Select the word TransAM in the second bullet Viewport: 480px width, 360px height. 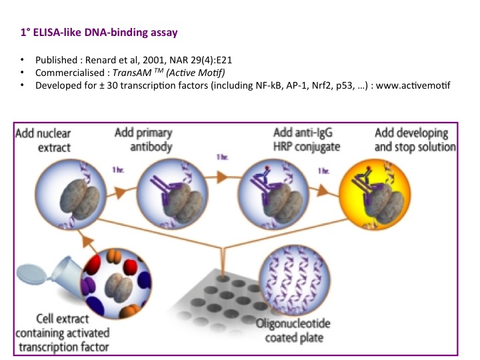pyautogui.click(x=132, y=73)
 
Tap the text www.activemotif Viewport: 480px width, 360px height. pyautogui.click(x=413, y=85)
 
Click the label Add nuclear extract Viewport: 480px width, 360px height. pyautogui.click(x=43, y=140)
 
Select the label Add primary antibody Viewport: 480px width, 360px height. pyautogui.click(x=143, y=139)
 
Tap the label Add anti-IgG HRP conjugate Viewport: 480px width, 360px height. pyautogui.click(x=307, y=139)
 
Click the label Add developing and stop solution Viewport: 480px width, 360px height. pyautogui.click(x=415, y=139)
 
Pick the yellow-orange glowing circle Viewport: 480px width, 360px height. pyautogui.click(x=375, y=194)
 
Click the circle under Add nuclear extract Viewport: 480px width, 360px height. pyautogui.click(x=71, y=194)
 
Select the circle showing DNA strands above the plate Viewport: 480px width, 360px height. pyautogui.click(x=295, y=281)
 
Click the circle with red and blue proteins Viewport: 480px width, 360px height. pyautogui.click(x=116, y=283)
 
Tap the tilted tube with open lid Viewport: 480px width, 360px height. pyautogui.click(x=51, y=273)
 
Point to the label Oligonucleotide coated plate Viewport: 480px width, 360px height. pyautogui.click(x=293, y=331)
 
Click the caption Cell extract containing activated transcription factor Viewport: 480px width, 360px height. pyautogui.click(x=63, y=333)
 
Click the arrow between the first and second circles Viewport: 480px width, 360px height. pyautogui.click(x=121, y=192)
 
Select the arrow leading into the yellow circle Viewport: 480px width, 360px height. pyautogui.click(x=324, y=191)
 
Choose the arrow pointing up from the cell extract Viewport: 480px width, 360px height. pyautogui.click(x=89, y=242)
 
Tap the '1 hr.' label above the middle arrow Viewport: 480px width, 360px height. pyautogui.click(x=223, y=157)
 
